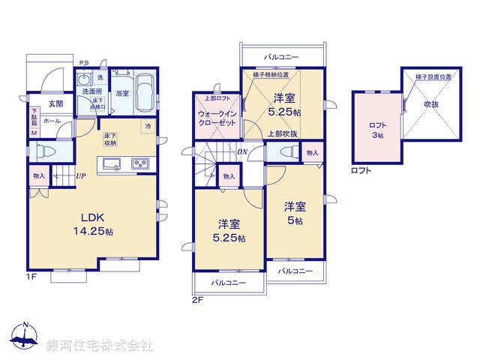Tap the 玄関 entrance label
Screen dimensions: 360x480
(55, 103)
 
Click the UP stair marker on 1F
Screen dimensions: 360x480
(80, 176)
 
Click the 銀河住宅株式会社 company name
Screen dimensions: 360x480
(100, 345)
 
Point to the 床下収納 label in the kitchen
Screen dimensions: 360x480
(110, 138)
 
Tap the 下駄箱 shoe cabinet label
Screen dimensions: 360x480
(33, 118)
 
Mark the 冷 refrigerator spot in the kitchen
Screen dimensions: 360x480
(148, 126)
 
